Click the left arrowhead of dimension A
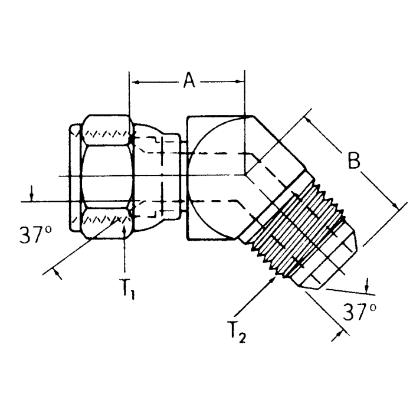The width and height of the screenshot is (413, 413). coord(133,82)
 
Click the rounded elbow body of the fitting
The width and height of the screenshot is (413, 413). coord(215,177)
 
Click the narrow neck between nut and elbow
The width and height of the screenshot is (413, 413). coord(182,177)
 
